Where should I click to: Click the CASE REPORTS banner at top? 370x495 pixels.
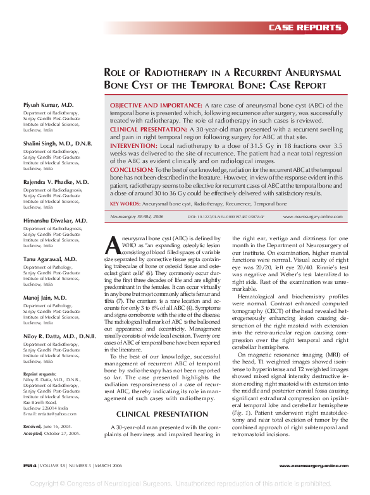(x=305, y=28)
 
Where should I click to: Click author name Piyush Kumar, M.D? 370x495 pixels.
(x=49, y=104)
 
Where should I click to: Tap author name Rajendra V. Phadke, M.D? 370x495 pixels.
(x=56, y=182)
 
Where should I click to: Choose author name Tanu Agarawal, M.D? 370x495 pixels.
(x=50, y=259)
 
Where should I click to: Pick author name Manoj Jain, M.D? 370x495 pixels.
(x=45, y=297)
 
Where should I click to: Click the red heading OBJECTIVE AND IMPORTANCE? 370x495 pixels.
(x=156, y=106)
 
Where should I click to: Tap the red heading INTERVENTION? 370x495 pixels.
(x=133, y=145)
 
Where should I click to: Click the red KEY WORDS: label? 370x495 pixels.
(x=125, y=204)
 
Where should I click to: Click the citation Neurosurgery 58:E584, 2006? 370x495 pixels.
(x=137, y=216)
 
